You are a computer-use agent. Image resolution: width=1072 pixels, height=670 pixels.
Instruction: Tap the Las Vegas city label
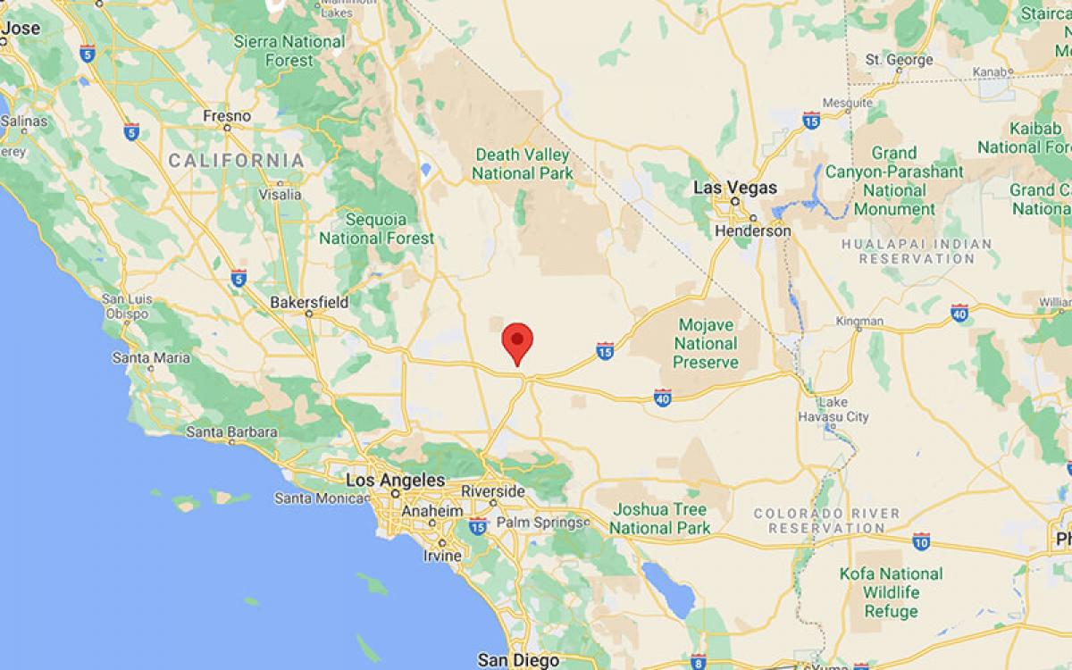click(x=735, y=188)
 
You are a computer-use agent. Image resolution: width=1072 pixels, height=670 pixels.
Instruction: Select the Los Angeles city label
click(x=395, y=481)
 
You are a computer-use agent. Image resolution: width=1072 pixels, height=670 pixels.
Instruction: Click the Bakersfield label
click(x=309, y=303)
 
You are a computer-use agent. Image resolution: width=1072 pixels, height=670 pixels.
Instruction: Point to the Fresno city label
click(x=227, y=116)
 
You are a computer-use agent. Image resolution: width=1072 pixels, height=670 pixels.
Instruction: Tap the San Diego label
click(x=518, y=660)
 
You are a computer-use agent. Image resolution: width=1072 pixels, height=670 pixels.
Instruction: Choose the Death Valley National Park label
click(x=523, y=163)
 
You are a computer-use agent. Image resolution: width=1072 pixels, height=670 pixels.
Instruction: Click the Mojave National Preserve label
click(x=706, y=343)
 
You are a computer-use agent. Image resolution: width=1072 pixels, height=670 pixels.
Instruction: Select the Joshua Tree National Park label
click(x=659, y=518)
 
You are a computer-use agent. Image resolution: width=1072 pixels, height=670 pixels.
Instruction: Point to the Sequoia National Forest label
click(x=376, y=229)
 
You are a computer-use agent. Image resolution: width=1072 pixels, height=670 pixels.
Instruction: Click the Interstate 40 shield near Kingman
click(x=959, y=313)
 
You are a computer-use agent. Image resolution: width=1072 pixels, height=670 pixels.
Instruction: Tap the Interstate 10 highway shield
click(x=921, y=540)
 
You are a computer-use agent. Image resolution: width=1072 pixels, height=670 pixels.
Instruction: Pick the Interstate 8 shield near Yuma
click(x=697, y=662)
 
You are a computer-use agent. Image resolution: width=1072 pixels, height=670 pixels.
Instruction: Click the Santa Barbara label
click(x=231, y=432)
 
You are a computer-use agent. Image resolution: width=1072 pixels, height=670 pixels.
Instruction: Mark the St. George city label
click(x=900, y=60)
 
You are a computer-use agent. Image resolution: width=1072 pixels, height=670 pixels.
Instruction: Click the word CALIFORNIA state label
click(x=236, y=161)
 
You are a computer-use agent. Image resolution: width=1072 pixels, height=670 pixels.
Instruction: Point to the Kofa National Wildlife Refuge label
click(x=891, y=592)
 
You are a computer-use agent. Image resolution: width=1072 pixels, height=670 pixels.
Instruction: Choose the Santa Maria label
click(x=151, y=358)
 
